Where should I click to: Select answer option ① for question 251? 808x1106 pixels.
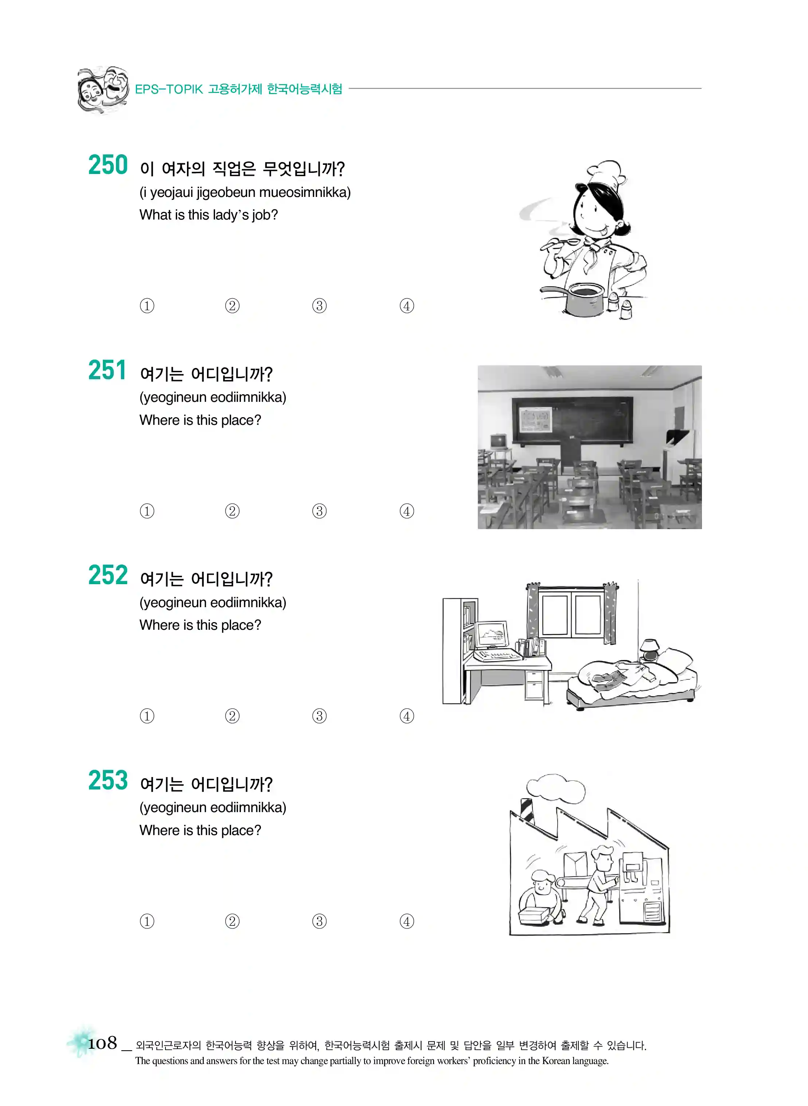pos(147,511)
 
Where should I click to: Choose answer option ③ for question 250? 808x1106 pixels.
pos(319,306)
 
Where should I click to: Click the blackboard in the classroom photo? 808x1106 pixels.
pos(572,421)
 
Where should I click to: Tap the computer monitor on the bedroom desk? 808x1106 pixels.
pos(492,635)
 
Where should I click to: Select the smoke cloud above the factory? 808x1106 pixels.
pos(556,788)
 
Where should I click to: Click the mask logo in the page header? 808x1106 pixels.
pos(103,90)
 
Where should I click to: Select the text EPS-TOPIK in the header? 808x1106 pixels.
pos(169,89)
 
